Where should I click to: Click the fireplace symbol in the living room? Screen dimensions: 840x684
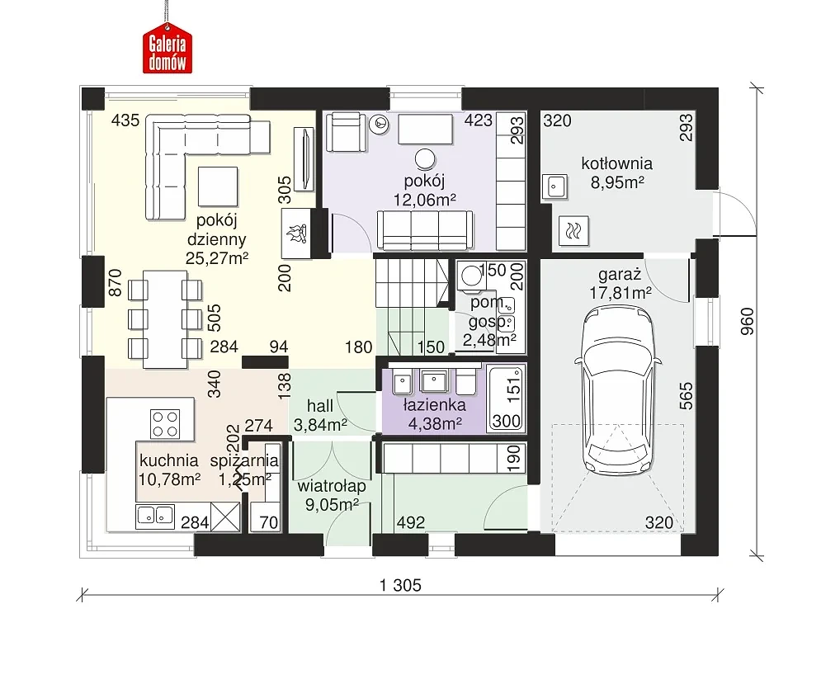(295, 234)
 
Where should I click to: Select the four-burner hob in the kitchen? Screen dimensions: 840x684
(165, 423)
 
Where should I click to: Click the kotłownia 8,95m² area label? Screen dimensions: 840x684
(617, 173)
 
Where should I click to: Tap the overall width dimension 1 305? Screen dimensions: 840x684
(401, 586)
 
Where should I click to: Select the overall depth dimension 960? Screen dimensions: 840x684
(748, 322)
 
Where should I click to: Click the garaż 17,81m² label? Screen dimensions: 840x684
(621, 284)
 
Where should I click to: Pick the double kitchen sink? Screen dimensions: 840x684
(155, 516)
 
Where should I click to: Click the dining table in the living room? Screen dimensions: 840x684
(165, 319)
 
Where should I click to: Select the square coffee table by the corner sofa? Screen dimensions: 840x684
(218, 186)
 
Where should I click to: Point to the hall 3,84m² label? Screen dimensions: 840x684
(320, 415)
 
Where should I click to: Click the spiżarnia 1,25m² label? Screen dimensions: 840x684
(244, 469)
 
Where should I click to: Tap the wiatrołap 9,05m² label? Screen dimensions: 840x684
(332, 495)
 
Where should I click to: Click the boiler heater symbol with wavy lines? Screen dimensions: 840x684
(573, 231)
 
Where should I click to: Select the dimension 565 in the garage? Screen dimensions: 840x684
(686, 396)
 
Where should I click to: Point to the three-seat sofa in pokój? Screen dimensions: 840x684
(425, 230)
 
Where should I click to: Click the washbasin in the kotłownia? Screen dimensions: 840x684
(555, 186)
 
